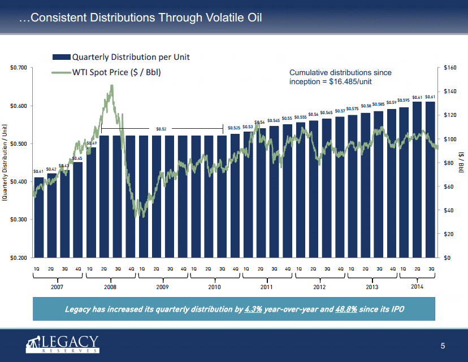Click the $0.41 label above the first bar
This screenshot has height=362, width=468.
38,171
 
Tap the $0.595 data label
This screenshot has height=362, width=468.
404,101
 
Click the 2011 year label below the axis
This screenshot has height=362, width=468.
267,287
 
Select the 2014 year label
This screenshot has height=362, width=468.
417,287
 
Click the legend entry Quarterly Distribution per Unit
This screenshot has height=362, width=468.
130,57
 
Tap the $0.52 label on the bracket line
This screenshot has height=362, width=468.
161,129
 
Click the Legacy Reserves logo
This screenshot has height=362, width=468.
62,344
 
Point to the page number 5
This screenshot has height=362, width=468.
443,346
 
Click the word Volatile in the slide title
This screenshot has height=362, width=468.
214,18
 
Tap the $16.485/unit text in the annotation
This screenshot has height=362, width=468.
350,82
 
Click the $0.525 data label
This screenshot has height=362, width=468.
234,128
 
